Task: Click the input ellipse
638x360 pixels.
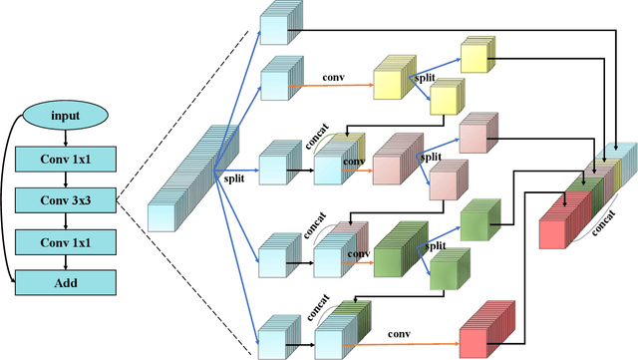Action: tap(66, 117)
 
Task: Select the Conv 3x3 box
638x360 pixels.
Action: tap(66, 199)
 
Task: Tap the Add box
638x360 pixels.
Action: tap(66, 283)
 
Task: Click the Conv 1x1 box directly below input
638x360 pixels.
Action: tap(66, 158)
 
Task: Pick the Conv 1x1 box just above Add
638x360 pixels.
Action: tap(66, 241)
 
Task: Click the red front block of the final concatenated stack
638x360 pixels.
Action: tap(557, 221)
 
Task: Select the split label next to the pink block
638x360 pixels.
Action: tap(431, 157)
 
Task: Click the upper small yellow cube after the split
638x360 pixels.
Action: tap(476, 56)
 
